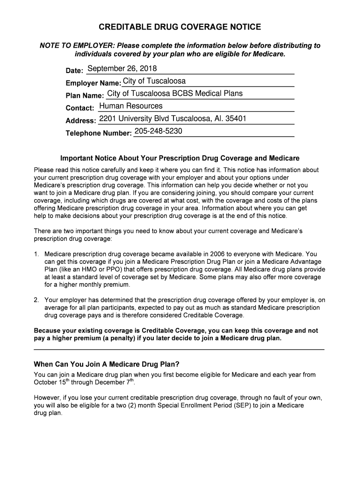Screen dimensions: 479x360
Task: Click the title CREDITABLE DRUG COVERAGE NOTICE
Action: pos(180,27)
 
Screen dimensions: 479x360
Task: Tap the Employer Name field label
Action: pos(93,83)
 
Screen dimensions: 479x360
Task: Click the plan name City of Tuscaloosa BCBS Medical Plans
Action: pos(175,94)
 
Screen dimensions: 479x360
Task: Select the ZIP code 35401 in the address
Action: pos(236,118)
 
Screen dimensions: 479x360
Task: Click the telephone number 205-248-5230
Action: pos(158,131)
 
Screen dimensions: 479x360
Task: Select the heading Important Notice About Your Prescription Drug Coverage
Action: pos(180,158)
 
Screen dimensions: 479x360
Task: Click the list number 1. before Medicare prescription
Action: pos(36,254)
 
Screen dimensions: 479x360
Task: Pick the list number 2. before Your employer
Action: pos(36,300)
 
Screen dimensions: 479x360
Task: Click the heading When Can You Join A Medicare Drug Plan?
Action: pos(107,364)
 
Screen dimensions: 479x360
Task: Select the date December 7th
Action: pos(115,382)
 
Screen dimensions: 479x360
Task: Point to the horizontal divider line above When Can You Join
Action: pos(179,349)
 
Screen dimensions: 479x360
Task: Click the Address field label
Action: pos(81,121)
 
